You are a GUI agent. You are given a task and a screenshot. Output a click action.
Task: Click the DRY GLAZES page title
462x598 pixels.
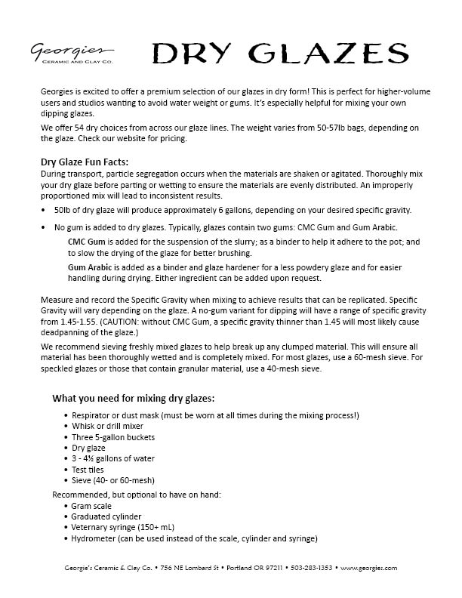[276, 54]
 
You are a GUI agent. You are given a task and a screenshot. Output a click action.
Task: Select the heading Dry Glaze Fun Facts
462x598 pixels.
[85, 161]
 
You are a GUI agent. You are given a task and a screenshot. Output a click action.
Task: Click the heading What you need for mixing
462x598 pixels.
[133, 398]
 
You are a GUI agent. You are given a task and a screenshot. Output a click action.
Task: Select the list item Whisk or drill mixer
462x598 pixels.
[106, 427]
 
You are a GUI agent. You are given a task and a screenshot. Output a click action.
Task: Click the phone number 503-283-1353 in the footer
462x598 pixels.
[312, 568]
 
